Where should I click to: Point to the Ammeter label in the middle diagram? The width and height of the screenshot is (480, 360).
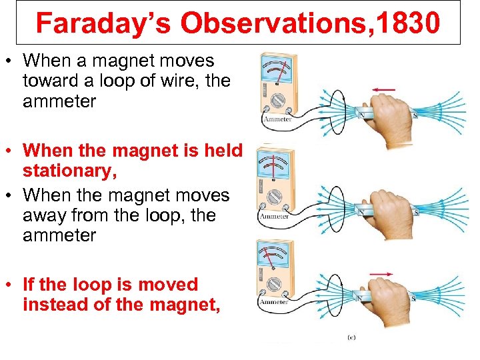[273, 216]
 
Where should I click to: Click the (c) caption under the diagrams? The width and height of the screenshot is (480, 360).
[351, 337]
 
